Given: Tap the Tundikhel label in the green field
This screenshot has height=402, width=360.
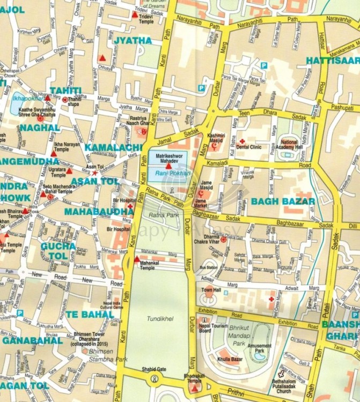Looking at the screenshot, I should (160, 318).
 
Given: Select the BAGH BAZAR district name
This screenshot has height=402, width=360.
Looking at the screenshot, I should (283, 202).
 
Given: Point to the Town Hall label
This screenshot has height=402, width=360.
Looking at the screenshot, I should (210, 290).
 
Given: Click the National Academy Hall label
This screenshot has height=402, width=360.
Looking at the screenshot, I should (292, 145).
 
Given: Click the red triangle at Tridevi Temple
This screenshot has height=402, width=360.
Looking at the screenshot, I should (135, 14).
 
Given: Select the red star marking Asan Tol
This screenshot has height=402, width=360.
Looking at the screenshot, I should (95, 173).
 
